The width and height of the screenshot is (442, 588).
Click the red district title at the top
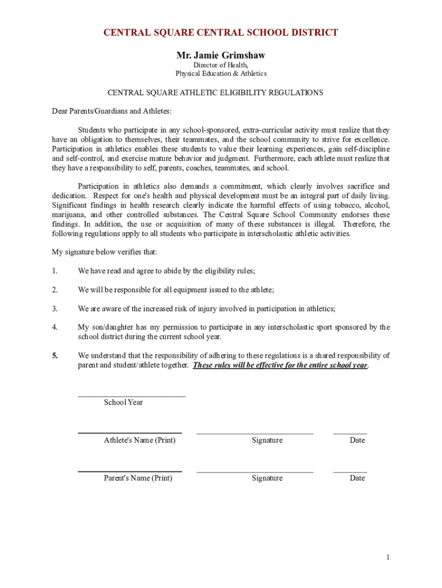click(x=220, y=33)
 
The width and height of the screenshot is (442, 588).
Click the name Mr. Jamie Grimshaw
click(x=220, y=56)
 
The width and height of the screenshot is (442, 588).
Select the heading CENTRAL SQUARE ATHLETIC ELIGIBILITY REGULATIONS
click(x=216, y=92)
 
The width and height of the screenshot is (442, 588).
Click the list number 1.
click(x=55, y=271)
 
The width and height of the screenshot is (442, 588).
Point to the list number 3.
click(x=55, y=309)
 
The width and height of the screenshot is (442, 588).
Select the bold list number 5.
click(x=55, y=355)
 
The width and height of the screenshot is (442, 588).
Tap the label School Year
click(x=123, y=403)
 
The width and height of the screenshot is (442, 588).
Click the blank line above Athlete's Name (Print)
click(x=130, y=432)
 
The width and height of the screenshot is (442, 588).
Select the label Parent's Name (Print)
click(x=138, y=478)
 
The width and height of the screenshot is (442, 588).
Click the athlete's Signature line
click(x=255, y=432)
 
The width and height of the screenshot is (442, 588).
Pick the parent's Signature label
click(x=267, y=478)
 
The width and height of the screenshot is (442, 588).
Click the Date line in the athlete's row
click(x=350, y=432)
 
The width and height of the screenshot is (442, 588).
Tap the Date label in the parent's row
click(x=357, y=478)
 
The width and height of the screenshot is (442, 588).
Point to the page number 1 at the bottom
click(x=388, y=558)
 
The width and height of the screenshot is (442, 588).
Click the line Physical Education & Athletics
click(x=221, y=74)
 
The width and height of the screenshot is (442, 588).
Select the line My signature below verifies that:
click(x=104, y=252)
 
